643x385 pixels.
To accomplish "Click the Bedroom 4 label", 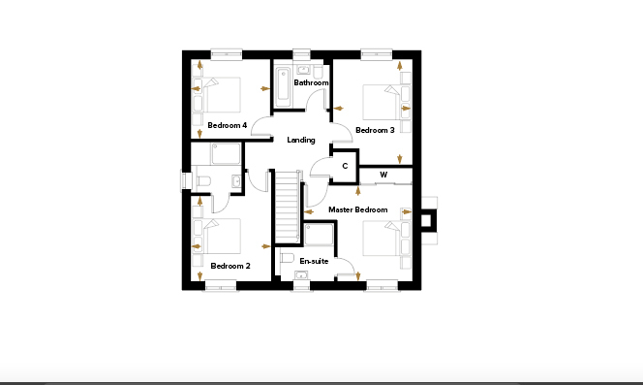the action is [x=228, y=125].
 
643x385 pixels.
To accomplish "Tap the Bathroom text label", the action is [x=311, y=82].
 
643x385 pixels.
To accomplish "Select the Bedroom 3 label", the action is [x=375, y=130].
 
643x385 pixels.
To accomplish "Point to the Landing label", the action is [x=301, y=140].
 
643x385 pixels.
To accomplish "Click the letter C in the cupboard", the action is [x=345, y=166].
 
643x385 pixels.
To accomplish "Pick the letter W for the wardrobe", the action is [x=383, y=175].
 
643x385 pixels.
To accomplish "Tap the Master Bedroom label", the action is [x=358, y=210].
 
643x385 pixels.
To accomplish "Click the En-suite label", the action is [x=314, y=261].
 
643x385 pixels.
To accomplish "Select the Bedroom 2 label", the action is [x=230, y=266].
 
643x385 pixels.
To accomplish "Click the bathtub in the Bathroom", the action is [x=283, y=85].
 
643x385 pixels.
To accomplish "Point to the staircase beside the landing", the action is [x=287, y=208].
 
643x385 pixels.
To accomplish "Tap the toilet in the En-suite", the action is [x=288, y=258].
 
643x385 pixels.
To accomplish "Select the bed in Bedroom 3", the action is [x=382, y=102].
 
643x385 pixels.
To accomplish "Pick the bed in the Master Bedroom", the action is [x=382, y=238].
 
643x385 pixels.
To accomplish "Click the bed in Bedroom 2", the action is [x=222, y=236].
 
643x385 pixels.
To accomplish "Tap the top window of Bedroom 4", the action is [x=227, y=53].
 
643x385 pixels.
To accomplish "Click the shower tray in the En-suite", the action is [x=319, y=235].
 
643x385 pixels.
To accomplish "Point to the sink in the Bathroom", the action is [x=303, y=70].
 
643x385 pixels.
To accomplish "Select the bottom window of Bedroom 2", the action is [x=221, y=285].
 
